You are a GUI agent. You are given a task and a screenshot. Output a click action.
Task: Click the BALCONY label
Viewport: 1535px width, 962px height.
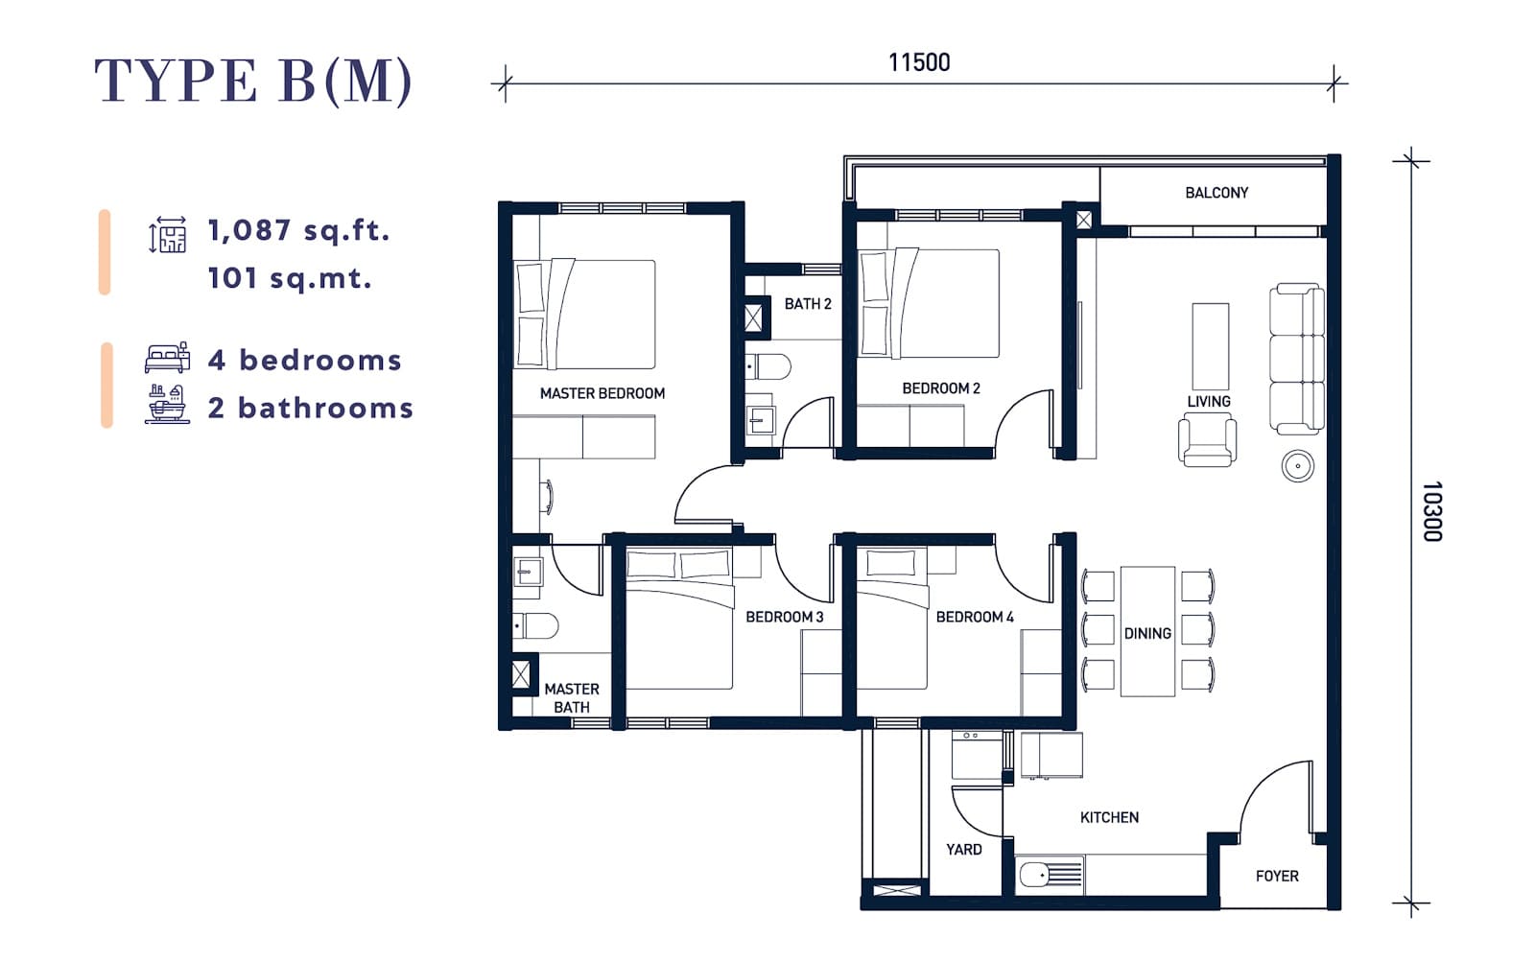coord(1216,193)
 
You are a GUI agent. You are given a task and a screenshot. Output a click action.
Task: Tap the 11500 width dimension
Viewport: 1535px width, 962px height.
coord(919,62)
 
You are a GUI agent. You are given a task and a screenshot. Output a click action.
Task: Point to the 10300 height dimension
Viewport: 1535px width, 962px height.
coord(1432,511)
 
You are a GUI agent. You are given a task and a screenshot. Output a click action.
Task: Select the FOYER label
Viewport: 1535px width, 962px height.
coord(1277,876)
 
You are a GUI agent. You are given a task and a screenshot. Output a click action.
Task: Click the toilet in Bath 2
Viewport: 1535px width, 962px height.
coord(767,366)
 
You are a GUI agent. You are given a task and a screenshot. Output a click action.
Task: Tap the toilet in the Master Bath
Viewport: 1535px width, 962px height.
coord(535,625)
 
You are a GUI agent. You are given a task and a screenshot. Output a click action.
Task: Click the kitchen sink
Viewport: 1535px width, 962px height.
coord(1050,875)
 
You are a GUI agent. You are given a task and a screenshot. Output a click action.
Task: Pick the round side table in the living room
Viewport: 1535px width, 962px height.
coord(1297,466)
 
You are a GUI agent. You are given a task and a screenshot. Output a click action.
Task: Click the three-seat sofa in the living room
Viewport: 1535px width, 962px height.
coord(1296,359)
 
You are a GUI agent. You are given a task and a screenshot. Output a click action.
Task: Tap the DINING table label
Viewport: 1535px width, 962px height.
coord(1147,634)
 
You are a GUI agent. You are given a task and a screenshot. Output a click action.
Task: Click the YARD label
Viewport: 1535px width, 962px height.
coord(963,850)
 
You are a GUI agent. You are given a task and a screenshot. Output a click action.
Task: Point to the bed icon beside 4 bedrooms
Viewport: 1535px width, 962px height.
coord(167,358)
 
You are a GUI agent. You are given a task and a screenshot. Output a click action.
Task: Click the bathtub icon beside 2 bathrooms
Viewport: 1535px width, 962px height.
coord(167,404)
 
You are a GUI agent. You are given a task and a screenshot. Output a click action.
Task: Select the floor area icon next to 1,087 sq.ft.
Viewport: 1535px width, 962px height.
coord(167,234)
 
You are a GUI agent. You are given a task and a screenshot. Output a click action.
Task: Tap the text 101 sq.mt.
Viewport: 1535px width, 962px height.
coord(290,278)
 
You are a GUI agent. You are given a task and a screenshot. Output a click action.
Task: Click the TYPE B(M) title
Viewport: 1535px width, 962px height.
coord(253,81)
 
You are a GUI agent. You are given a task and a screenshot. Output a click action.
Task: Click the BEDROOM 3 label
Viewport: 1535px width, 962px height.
coord(784,617)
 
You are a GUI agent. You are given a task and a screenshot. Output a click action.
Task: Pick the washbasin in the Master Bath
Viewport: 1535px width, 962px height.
coord(528,571)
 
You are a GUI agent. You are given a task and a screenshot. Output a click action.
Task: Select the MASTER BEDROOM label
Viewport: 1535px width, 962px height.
coord(602,393)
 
